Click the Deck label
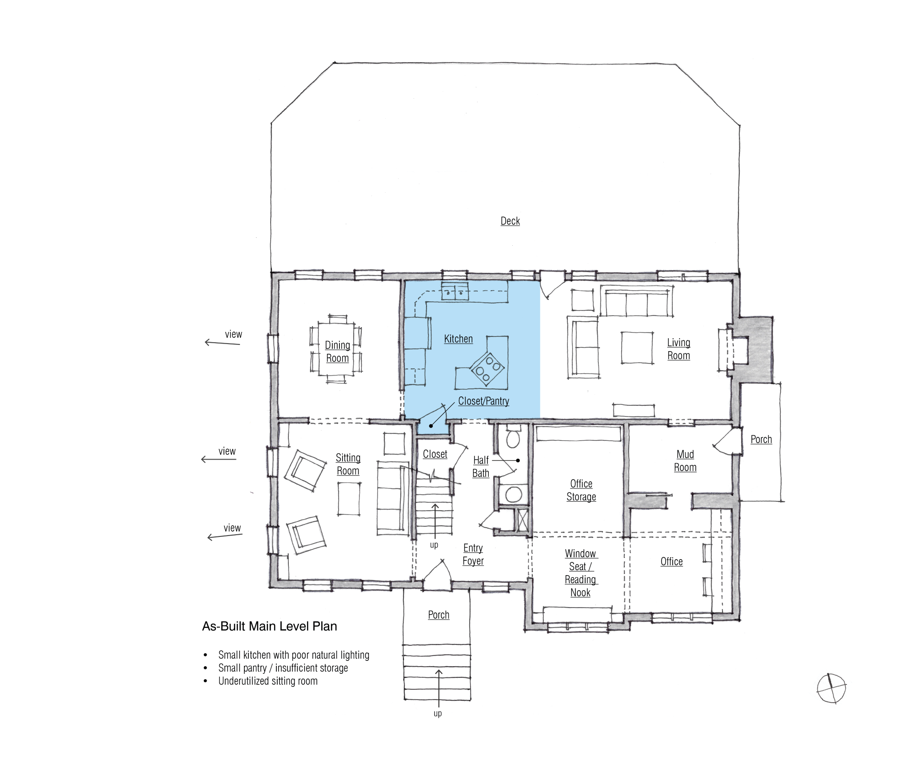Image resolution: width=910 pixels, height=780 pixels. click(x=510, y=221)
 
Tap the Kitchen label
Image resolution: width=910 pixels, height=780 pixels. click(x=458, y=339)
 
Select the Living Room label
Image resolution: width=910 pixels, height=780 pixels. click(x=679, y=349)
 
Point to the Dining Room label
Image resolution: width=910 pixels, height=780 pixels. click(x=337, y=352)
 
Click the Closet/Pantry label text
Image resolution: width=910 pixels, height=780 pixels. click(x=483, y=401)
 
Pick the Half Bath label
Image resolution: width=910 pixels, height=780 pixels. click(x=481, y=467)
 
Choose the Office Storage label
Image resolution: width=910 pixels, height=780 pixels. click(x=581, y=490)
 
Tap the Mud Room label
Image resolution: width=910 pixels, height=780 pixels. click(x=685, y=461)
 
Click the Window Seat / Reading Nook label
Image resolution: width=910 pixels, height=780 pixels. click(x=581, y=573)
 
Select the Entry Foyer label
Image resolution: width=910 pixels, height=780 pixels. click(x=473, y=555)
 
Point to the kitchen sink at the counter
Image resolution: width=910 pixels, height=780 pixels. click(x=455, y=292)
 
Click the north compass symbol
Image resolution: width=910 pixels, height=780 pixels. click(x=831, y=688)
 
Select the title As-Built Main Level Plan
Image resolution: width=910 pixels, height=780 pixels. click(x=269, y=626)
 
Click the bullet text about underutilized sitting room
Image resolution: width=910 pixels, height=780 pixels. click(x=268, y=681)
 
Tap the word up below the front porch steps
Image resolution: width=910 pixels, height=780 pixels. click(x=438, y=714)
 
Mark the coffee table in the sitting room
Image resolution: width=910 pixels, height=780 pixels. click(x=349, y=499)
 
